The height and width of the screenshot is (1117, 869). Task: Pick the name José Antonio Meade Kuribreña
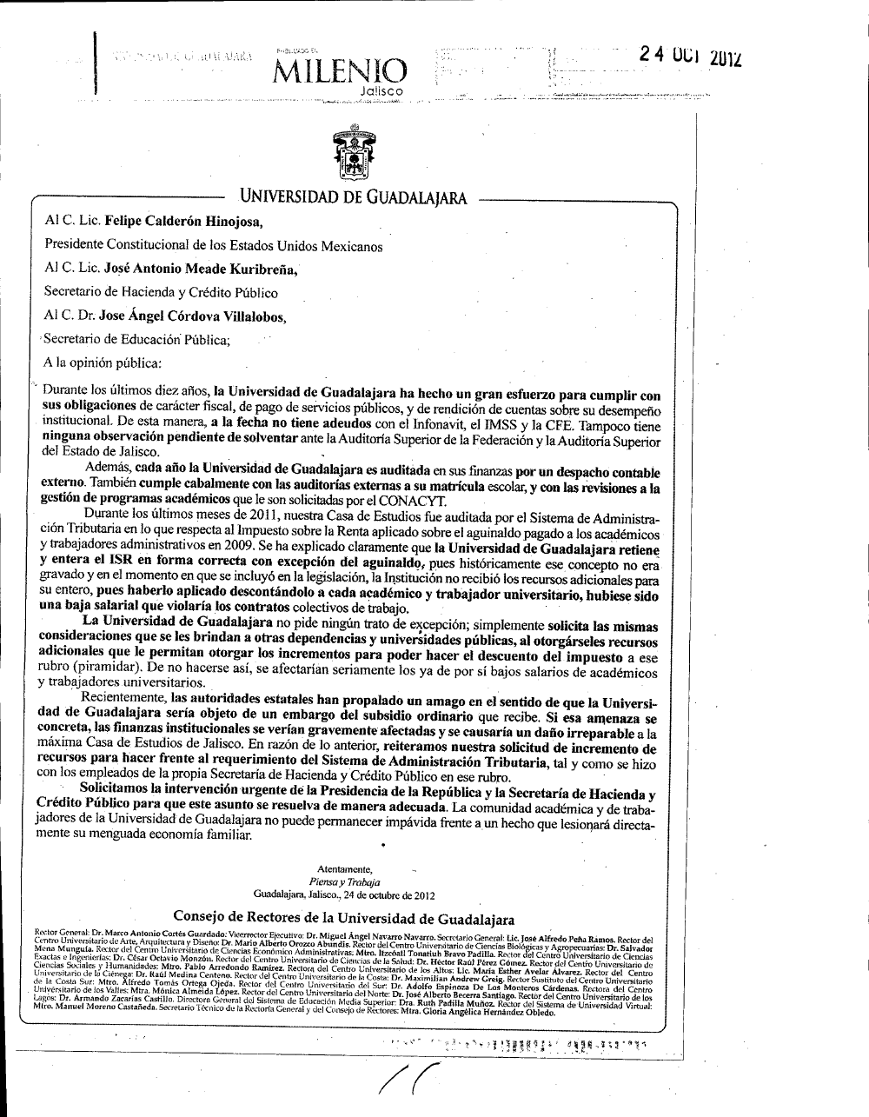click(201, 269)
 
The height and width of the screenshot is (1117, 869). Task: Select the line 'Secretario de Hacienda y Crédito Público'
click(161, 293)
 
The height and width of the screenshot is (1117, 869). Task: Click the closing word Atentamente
click(347, 868)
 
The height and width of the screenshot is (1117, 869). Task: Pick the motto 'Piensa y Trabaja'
click(346, 881)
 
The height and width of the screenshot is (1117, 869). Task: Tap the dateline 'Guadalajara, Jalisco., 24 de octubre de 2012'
click(346, 894)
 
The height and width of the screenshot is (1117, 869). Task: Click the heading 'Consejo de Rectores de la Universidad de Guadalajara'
click(344, 918)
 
